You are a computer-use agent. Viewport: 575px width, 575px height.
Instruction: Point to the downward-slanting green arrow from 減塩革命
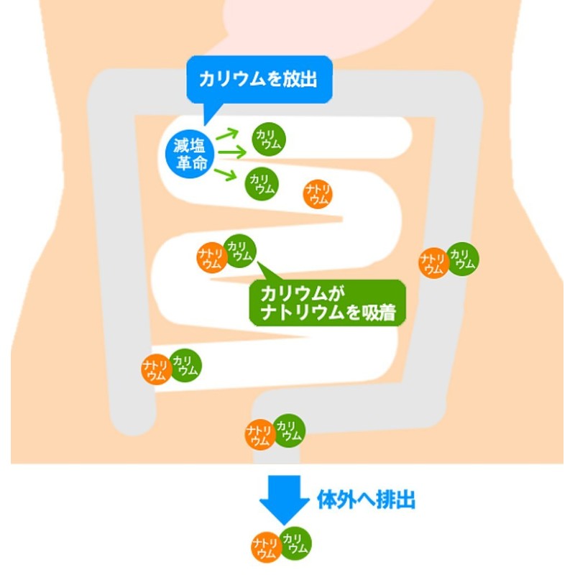pyautogui.click(x=227, y=174)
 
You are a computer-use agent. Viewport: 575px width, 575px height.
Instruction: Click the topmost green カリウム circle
pyautogui.click(x=268, y=139)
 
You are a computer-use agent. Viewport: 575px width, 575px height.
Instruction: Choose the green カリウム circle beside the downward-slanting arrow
pyautogui.click(x=262, y=184)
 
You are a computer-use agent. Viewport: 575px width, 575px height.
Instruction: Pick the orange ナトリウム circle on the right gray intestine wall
pyautogui.click(x=433, y=263)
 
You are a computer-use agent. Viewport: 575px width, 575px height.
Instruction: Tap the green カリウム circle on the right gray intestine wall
pyautogui.click(x=462, y=259)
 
